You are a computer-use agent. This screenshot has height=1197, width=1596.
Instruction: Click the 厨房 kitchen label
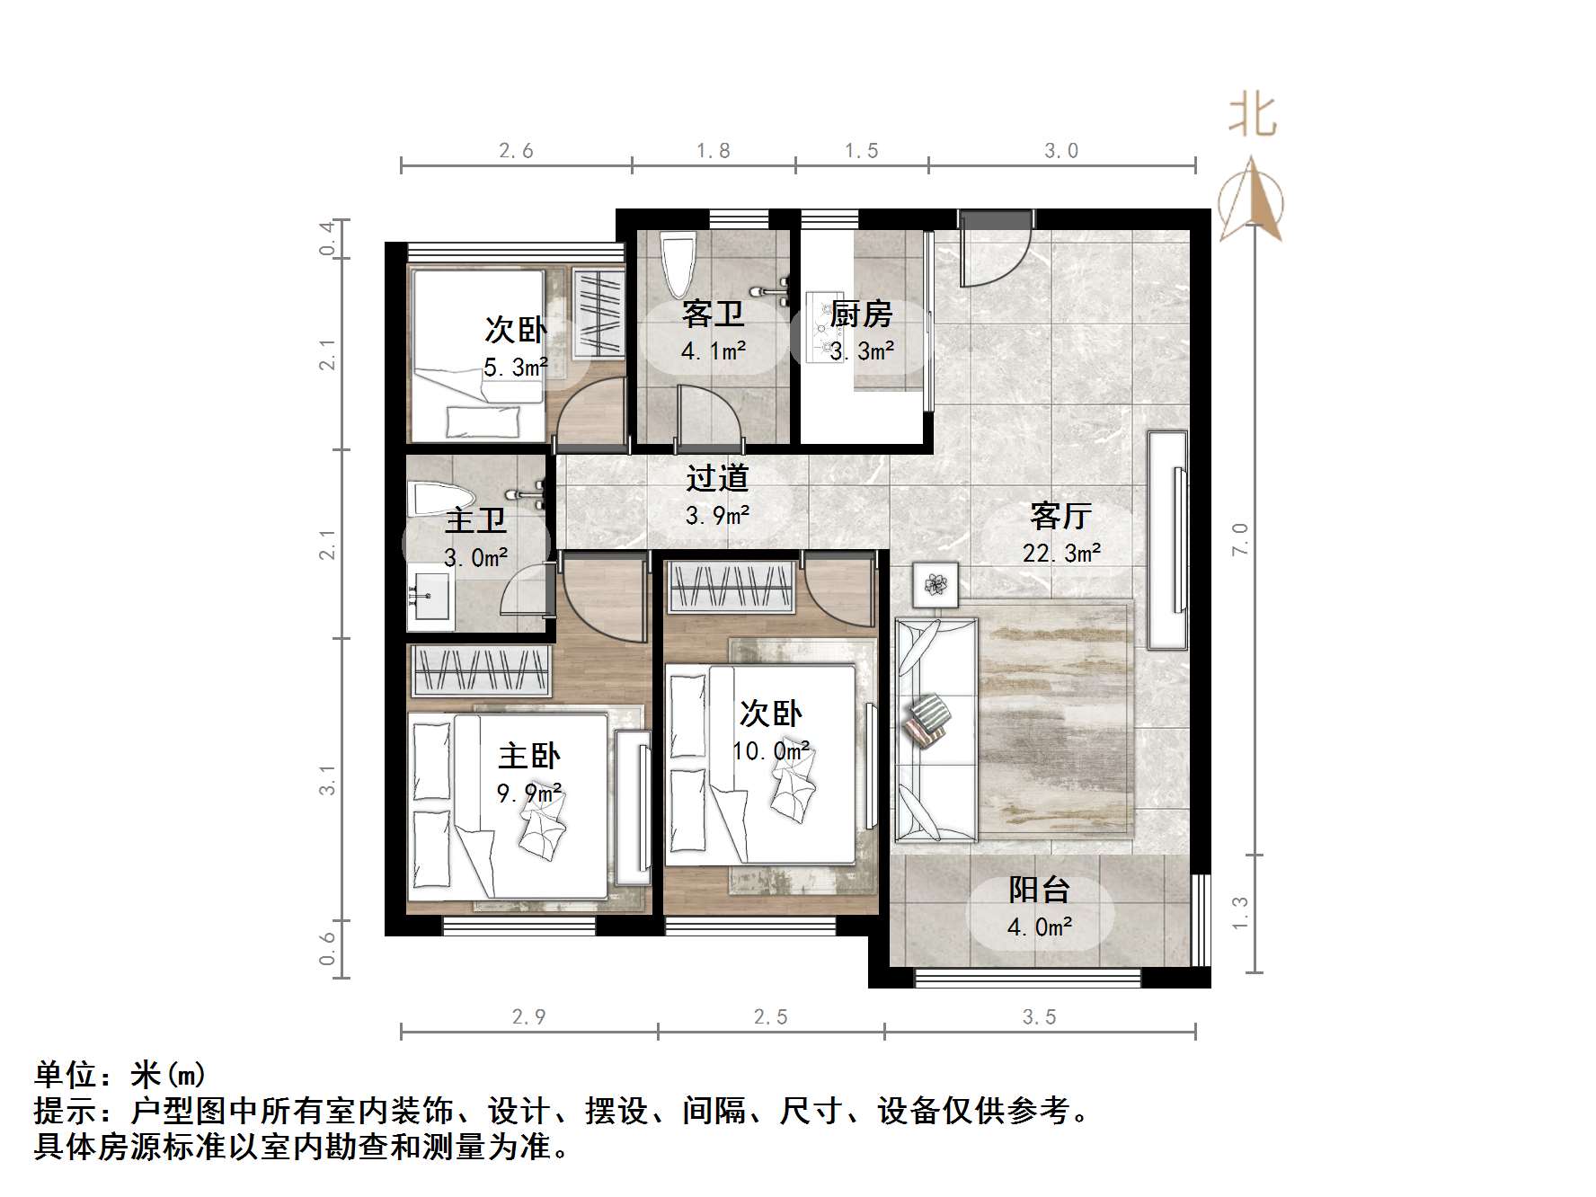coord(861,315)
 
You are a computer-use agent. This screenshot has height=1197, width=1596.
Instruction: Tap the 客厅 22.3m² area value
coord(1061,553)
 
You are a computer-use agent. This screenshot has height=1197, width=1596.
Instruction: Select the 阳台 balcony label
coord(1039,890)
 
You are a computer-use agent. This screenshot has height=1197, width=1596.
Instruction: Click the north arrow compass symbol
coord(1251,203)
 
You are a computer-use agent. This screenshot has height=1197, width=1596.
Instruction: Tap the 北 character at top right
coord(1253,116)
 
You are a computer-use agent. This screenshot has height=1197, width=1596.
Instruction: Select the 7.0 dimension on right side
coord(1241,538)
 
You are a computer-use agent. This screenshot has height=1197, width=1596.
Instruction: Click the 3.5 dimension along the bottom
coord(1039,1016)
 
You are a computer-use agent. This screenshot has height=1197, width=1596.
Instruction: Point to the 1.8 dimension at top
coord(714,151)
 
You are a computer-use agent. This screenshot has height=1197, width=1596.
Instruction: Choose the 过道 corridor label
coord(717,478)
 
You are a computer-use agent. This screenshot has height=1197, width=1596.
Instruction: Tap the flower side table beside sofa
coord(936,585)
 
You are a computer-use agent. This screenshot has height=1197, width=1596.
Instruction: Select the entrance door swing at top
coord(989,252)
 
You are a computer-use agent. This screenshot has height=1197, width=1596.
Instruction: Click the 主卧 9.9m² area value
coord(529,794)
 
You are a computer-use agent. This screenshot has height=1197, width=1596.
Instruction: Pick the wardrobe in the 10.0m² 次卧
coord(731,587)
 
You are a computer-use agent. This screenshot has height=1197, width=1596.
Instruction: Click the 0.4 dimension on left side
coord(328,238)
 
